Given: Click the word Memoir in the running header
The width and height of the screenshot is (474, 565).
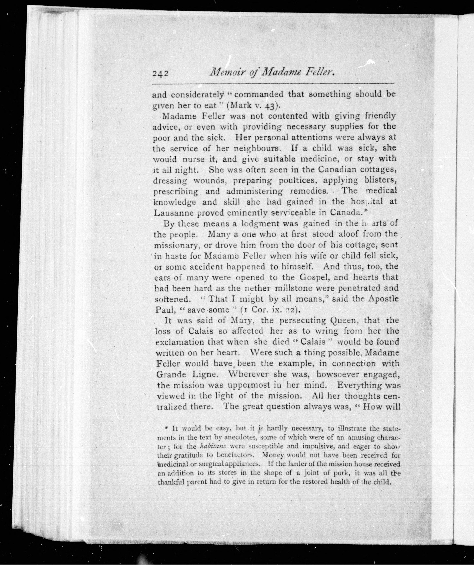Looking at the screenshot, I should [229, 72].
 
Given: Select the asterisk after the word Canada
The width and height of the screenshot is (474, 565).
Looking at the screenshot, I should [366, 211].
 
